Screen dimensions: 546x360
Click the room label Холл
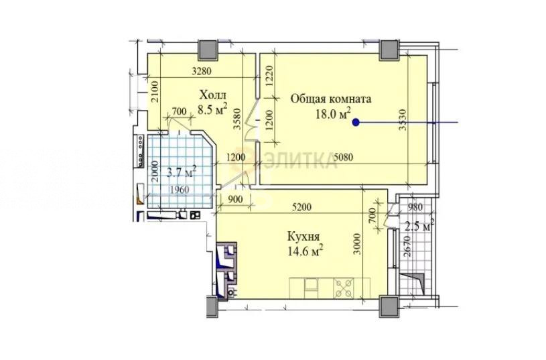pos(213,95)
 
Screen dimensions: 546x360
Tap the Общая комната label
pos(331,99)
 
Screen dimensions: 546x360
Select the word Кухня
pos(303,237)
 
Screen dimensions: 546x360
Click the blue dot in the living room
pos(356,122)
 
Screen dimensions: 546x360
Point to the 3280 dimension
pos(202,72)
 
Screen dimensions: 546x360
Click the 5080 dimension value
pos(343,158)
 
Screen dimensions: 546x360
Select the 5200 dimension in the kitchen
pos(301,207)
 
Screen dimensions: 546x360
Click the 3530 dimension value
pos(403,120)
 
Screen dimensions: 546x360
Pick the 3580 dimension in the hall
pos(238,119)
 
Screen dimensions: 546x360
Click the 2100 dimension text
pos(155,91)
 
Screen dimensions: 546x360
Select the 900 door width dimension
pos(236,199)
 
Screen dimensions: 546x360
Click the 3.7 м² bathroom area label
pos(182,172)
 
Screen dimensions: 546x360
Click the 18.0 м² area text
pos(332,113)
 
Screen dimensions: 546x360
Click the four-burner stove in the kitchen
pos(344,288)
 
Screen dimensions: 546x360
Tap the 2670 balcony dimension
pos(408,246)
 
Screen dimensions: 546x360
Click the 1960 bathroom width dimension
pos(180,190)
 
